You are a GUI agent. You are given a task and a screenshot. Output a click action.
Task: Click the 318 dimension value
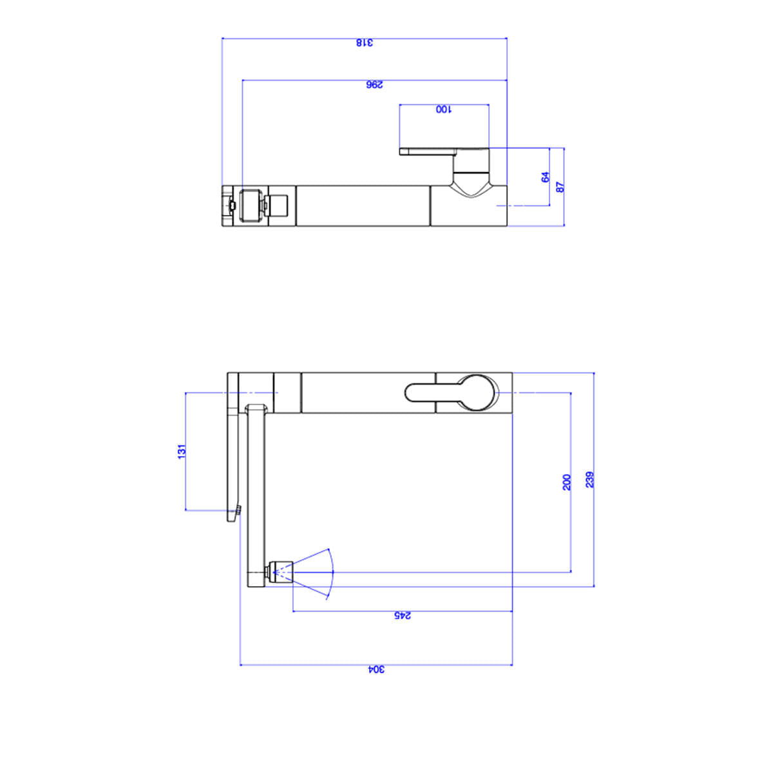pyautogui.click(x=365, y=43)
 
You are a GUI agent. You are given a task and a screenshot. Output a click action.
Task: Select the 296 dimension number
pyautogui.click(x=375, y=84)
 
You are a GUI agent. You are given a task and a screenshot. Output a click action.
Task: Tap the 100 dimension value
pyautogui.click(x=444, y=109)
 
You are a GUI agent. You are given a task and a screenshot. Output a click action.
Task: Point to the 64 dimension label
pyautogui.click(x=546, y=177)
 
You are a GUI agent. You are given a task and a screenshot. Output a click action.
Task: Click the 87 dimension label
pyautogui.click(x=560, y=187)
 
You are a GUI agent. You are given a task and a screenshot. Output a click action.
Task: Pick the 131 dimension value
pyautogui.click(x=182, y=452)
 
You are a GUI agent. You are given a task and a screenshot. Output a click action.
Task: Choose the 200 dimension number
pyautogui.click(x=566, y=482)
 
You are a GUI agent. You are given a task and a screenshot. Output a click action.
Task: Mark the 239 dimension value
pyautogui.click(x=589, y=480)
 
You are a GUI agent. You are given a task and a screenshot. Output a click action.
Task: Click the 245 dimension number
pyautogui.click(x=402, y=615)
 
